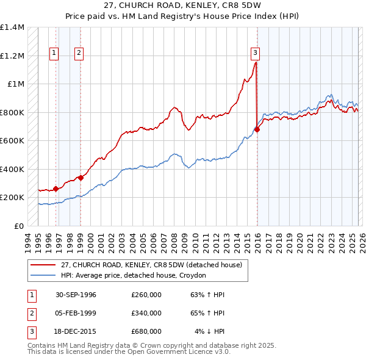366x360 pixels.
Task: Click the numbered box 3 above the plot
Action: pyautogui.click(x=254, y=52)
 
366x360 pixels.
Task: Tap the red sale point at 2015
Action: pyautogui.click(x=257, y=129)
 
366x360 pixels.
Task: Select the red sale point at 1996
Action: pyautogui.click(x=56, y=189)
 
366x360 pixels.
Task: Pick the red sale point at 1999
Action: pyautogui.click(x=81, y=178)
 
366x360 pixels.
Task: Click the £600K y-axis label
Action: pyautogui.click(x=12, y=141)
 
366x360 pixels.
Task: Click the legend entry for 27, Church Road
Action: pyautogui.click(x=151, y=265)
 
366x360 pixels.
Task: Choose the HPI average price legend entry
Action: pyautogui.click(x=133, y=275)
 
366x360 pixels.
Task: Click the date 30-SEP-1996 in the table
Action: pyautogui.click(x=76, y=295)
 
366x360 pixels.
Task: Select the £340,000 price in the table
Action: pyautogui.click(x=146, y=313)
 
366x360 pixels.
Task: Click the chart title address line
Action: pyautogui.click(x=184, y=5)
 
